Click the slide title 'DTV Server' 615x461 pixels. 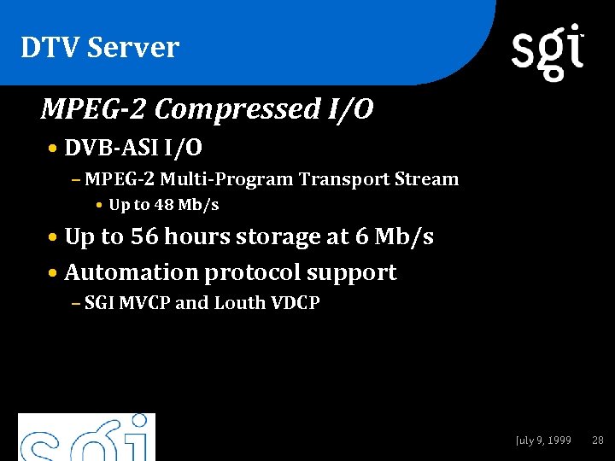click(x=100, y=48)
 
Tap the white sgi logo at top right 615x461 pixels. click(x=548, y=51)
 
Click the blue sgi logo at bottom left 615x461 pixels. click(x=86, y=438)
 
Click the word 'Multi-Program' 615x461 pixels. click(x=227, y=179)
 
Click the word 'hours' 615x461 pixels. click(x=197, y=236)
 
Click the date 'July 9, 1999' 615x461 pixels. click(x=543, y=441)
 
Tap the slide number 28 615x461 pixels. click(x=598, y=441)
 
